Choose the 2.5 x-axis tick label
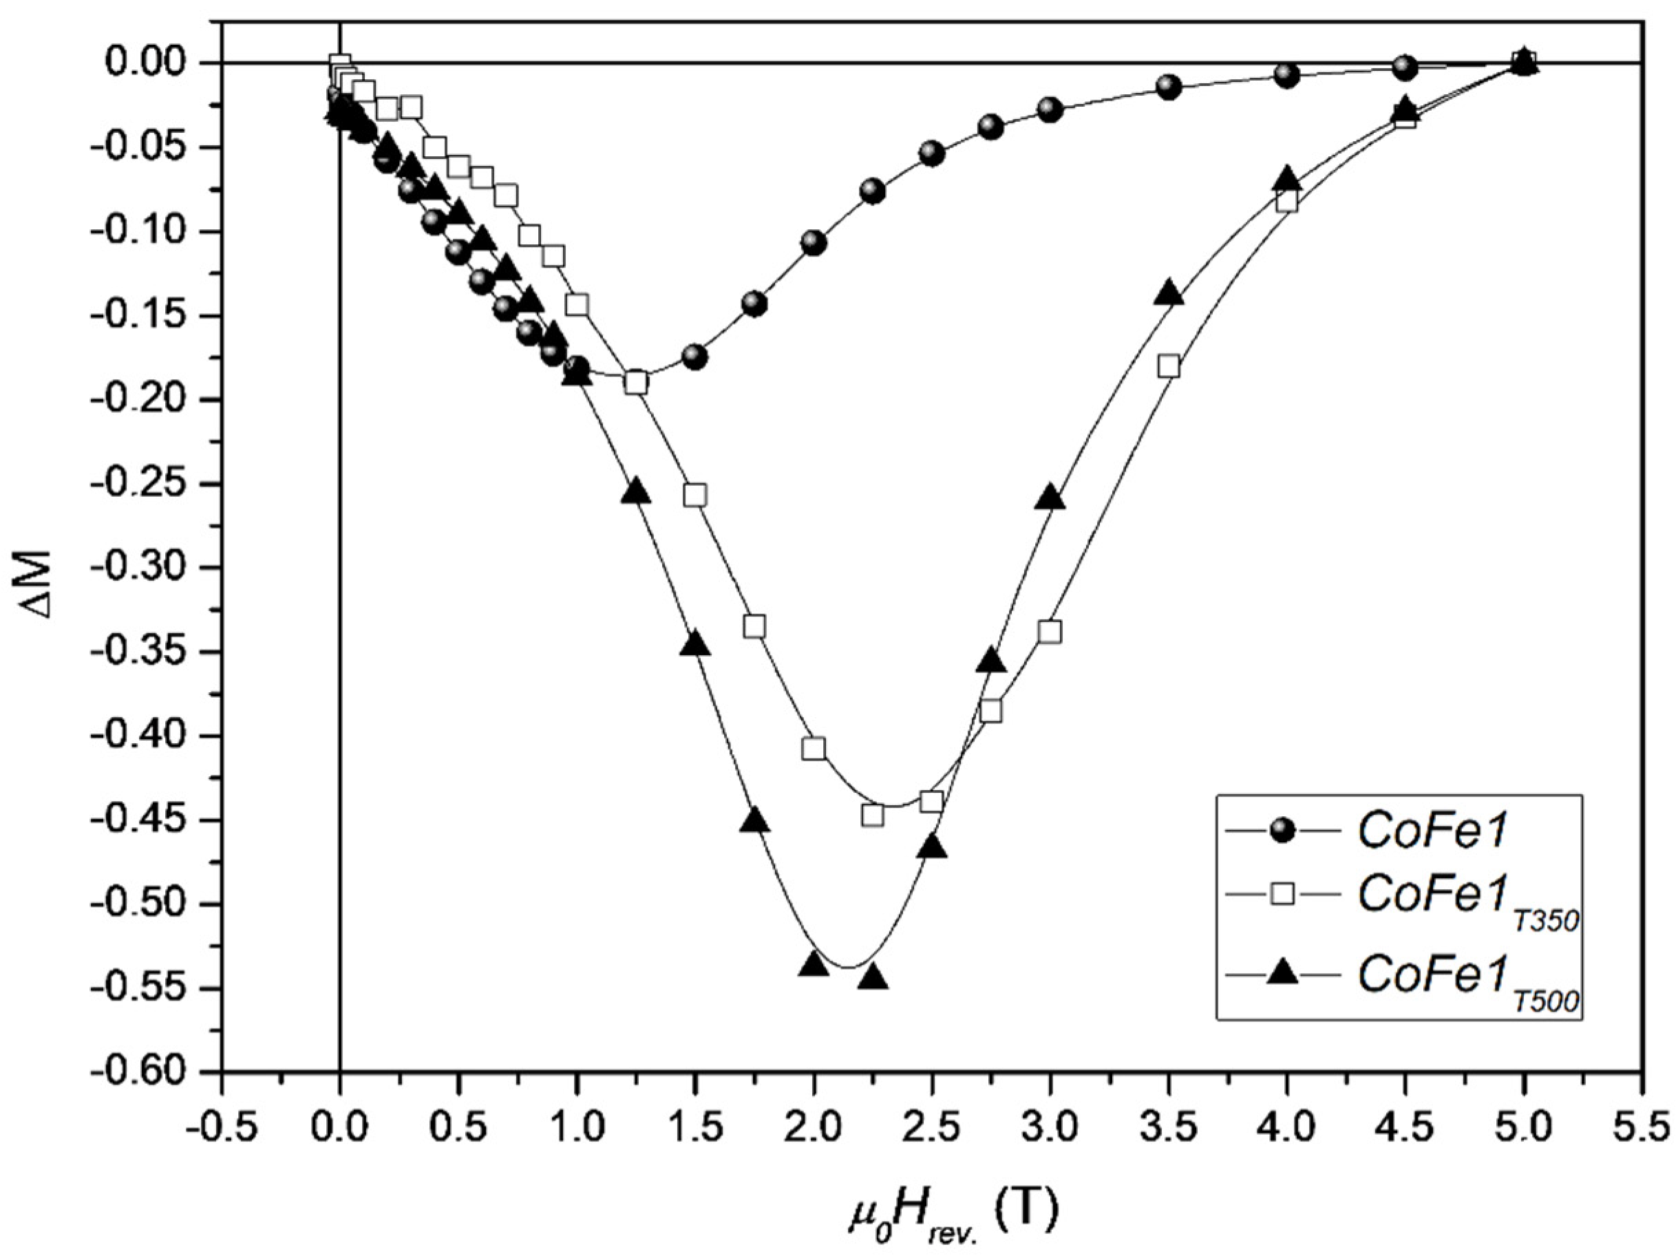(x=931, y=1131)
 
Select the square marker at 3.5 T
(x=1169, y=366)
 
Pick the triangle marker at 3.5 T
(x=1169, y=295)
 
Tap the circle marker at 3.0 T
(x=1050, y=109)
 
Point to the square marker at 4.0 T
(x=1287, y=202)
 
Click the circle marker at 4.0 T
(x=1287, y=75)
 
